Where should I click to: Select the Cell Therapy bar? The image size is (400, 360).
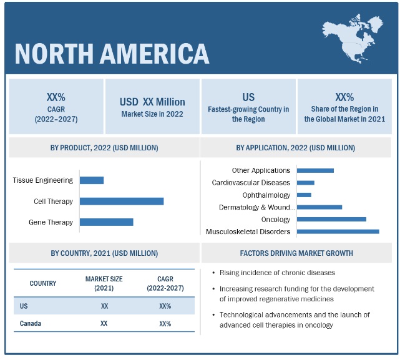[x=122, y=201]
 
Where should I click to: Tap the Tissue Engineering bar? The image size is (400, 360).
[x=92, y=180]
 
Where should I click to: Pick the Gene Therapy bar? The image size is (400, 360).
[x=107, y=222]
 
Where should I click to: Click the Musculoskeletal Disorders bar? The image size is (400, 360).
[x=338, y=231]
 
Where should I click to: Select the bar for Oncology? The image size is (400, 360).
[x=331, y=219]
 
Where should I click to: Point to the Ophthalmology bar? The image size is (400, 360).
[x=304, y=195]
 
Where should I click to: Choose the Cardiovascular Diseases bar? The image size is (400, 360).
[x=306, y=183]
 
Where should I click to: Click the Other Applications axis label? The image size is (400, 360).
[x=261, y=170]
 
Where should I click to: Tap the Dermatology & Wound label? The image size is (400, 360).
[x=255, y=207]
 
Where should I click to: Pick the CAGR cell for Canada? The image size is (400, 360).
[x=165, y=324]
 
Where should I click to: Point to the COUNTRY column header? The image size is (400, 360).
[x=42, y=283]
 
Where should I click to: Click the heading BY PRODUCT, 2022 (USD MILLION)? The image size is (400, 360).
[x=104, y=148]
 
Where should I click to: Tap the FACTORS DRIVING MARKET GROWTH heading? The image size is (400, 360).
[x=296, y=253]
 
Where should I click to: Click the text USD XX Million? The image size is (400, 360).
[x=152, y=102]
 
